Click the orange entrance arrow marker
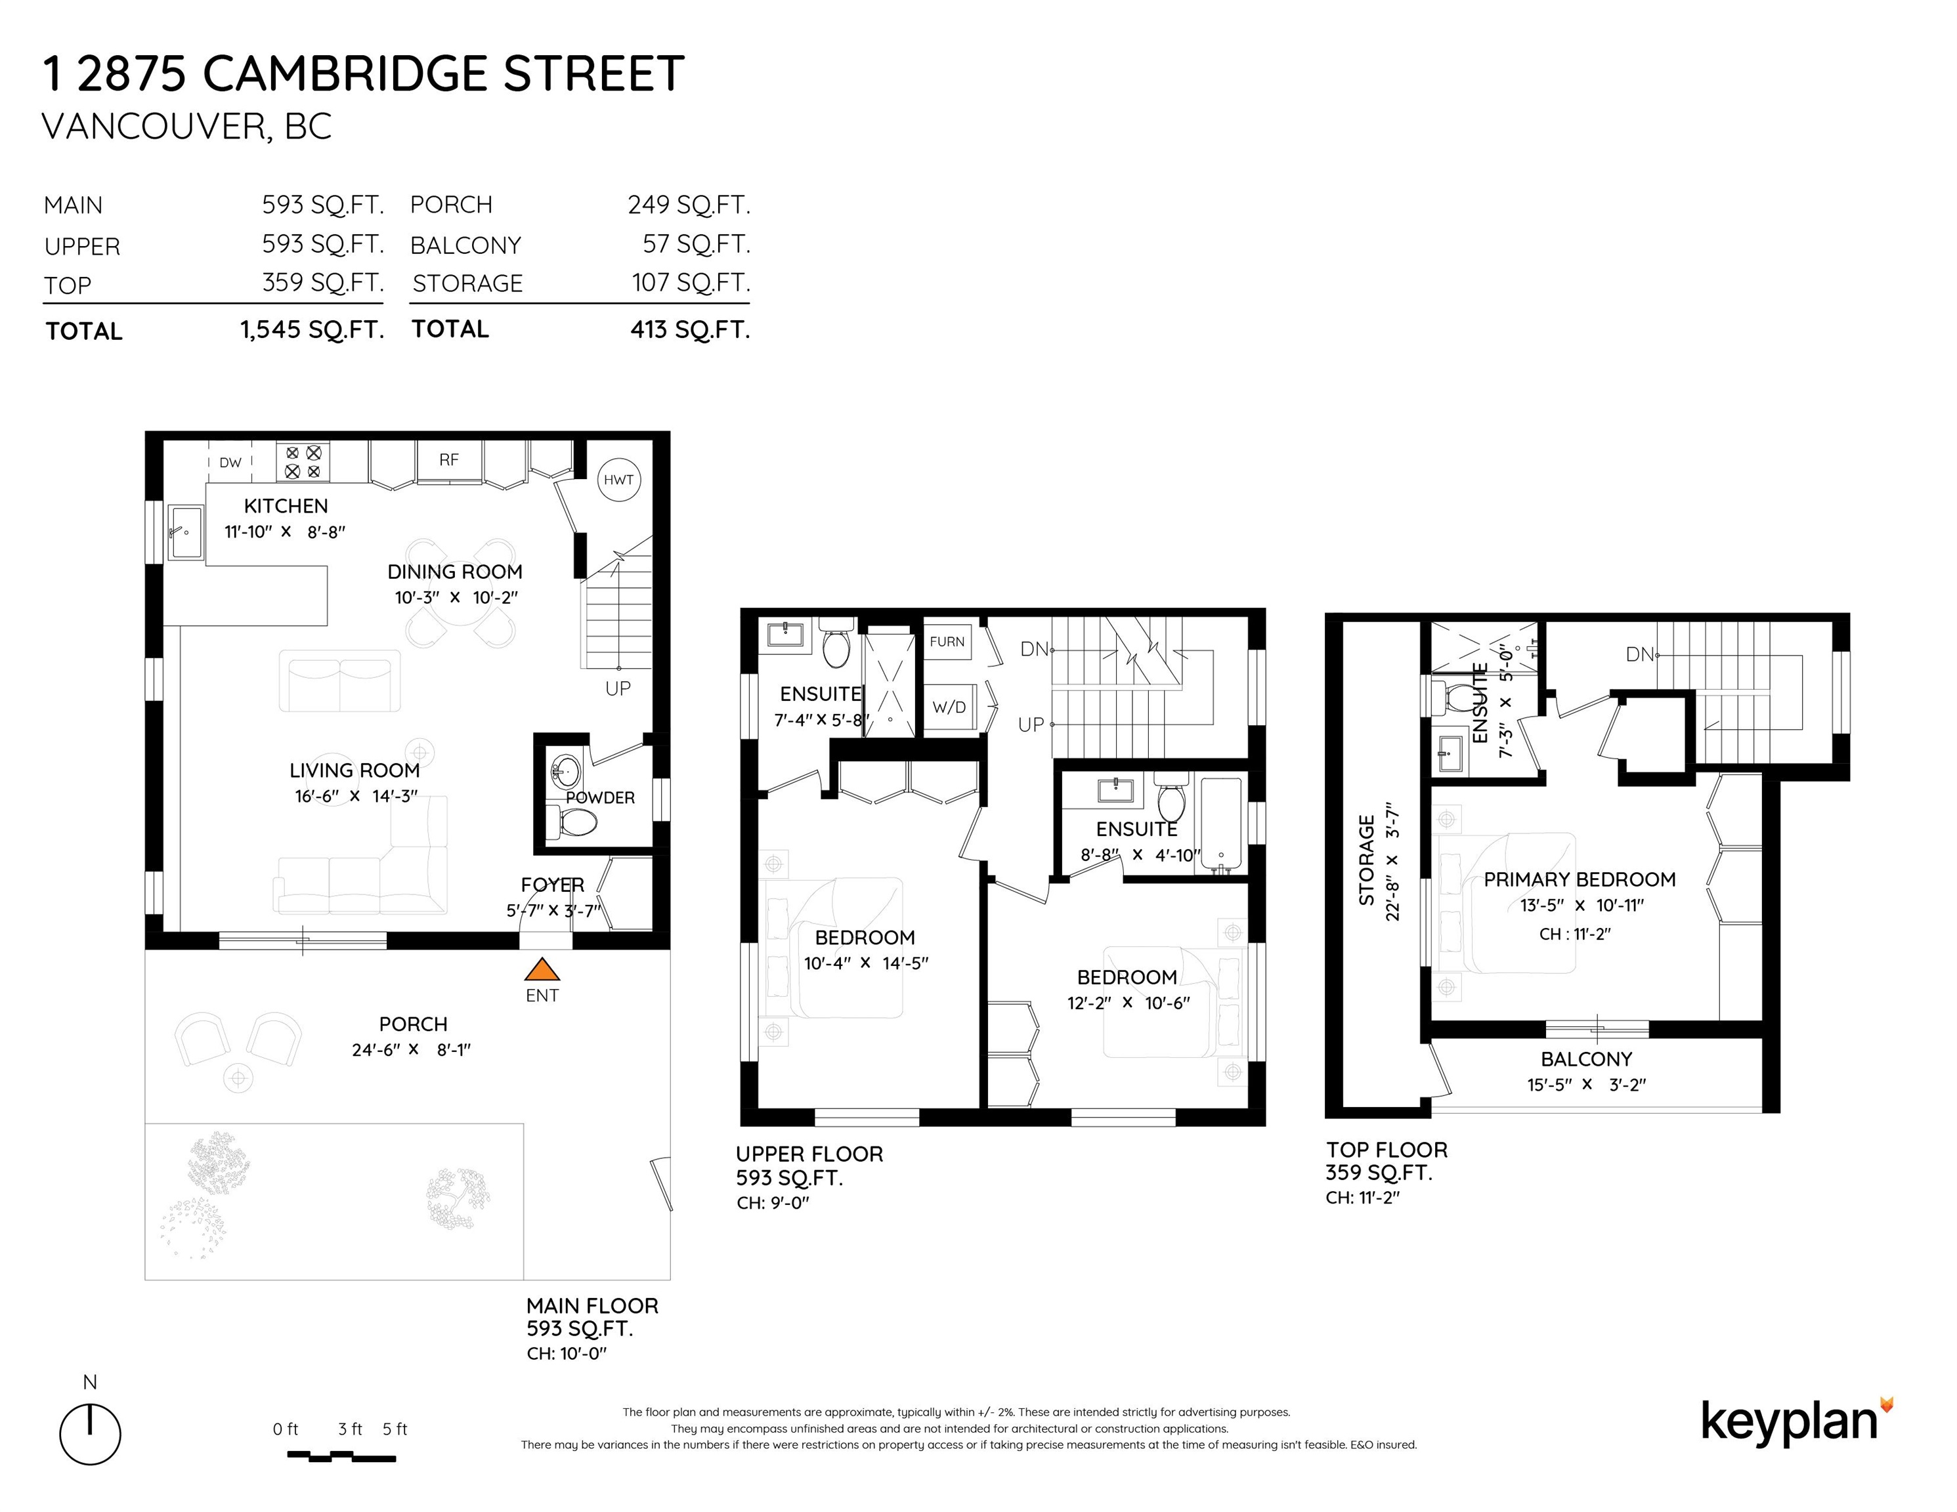541,969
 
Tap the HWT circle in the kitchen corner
618,480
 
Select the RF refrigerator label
449,459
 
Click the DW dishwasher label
230,462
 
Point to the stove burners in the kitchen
303,462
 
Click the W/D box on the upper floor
949,707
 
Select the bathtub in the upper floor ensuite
1220,825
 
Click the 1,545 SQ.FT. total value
312,329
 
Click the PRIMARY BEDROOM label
1580,879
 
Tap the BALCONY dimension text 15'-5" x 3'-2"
1586,1085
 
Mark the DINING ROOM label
455,572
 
